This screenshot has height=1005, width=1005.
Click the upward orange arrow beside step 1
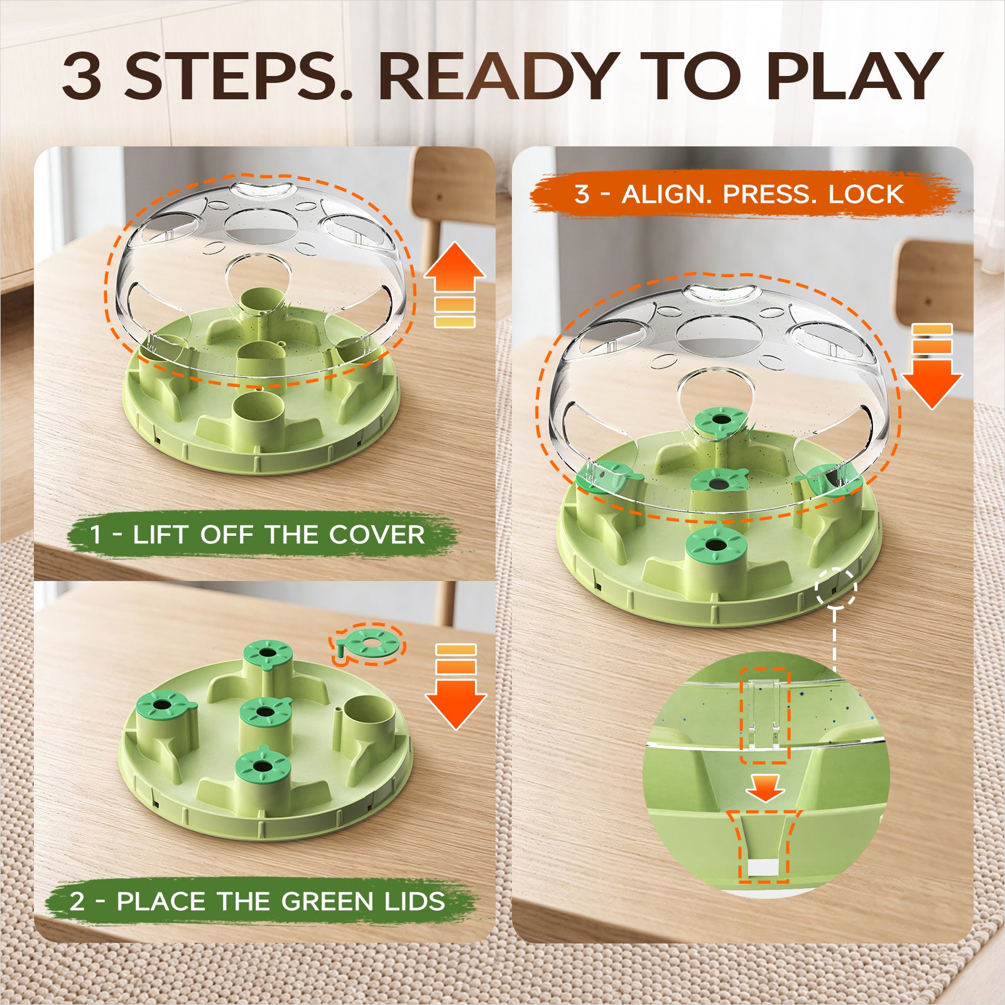[x=455, y=285]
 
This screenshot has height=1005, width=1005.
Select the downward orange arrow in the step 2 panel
[x=455, y=687]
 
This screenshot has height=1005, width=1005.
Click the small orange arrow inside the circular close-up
[x=765, y=788]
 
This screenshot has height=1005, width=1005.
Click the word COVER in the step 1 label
[x=376, y=535]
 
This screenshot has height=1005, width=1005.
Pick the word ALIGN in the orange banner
[x=666, y=194]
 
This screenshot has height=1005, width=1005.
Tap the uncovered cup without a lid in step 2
[x=368, y=722]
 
